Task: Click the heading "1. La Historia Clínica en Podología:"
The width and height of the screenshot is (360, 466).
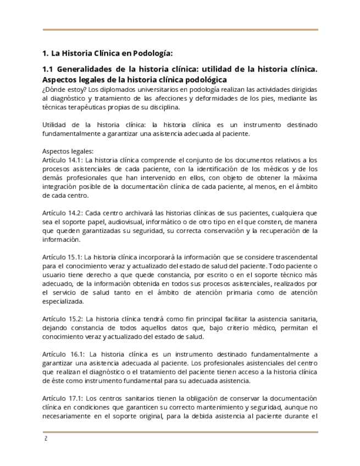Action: tap(107, 53)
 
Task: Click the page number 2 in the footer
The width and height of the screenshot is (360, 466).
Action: tap(45, 440)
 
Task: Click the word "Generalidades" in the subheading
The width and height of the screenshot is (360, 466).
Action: tap(84, 70)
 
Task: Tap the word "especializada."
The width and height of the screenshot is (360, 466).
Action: tap(64, 301)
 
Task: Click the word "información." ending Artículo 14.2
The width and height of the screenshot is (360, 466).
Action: tap(62, 239)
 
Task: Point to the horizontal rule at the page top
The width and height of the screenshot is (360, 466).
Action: tap(180, 30)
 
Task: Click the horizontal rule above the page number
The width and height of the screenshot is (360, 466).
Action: tap(180, 432)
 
